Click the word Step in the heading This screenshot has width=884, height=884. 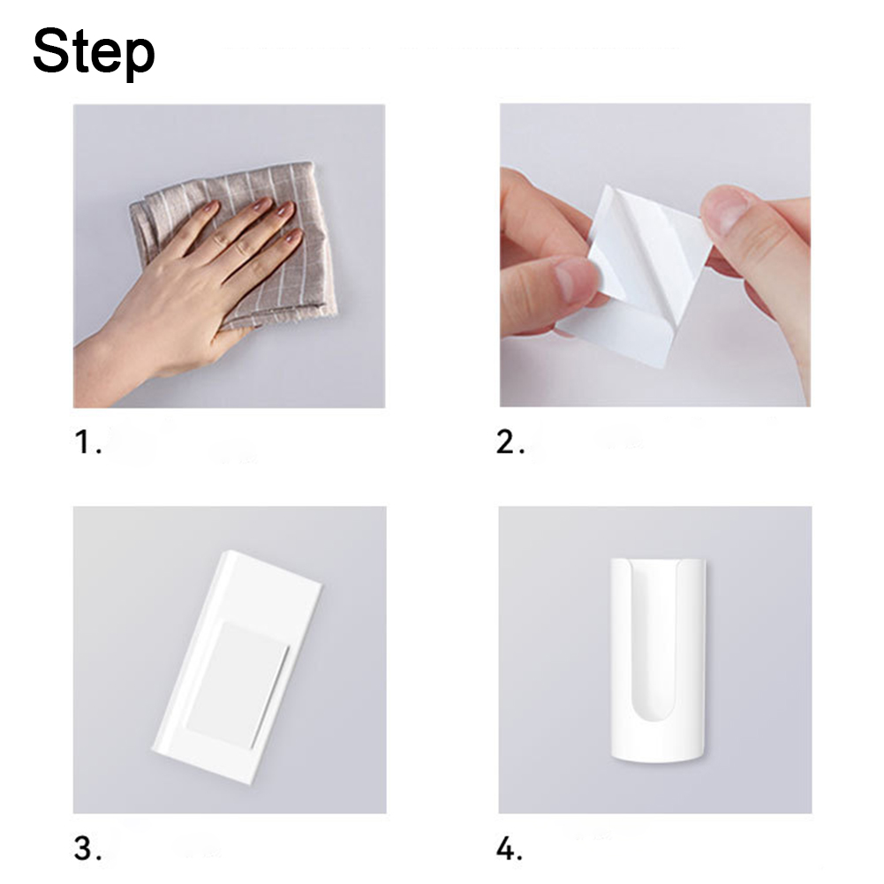[x=94, y=52]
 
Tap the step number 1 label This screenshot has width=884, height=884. [x=87, y=442]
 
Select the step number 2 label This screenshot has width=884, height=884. [x=510, y=442]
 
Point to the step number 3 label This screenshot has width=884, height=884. [x=87, y=848]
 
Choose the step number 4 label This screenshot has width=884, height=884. [x=509, y=849]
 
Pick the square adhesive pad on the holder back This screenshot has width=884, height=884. [x=237, y=685]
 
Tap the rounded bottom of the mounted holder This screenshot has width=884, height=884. [x=657, y=752]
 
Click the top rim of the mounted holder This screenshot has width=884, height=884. [x=658, y=561]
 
